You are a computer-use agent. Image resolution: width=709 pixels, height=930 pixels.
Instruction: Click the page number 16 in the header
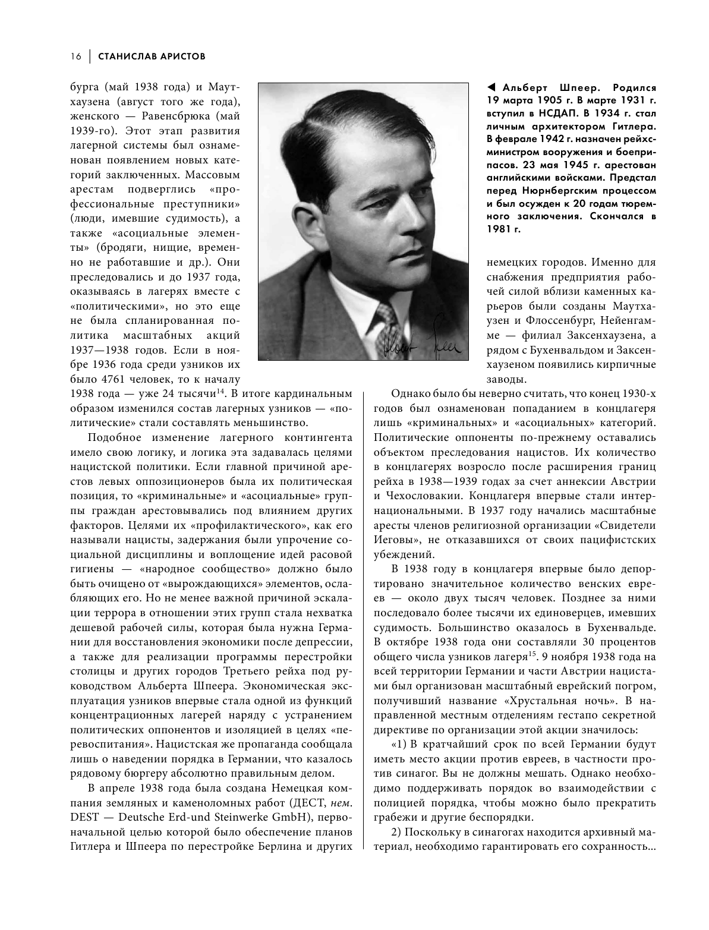(x=75, y=56)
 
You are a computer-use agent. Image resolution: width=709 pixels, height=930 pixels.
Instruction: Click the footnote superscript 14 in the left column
(x=220, y=391)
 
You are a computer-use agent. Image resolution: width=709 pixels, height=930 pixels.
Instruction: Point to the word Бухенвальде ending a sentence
(x=618, y=628)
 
